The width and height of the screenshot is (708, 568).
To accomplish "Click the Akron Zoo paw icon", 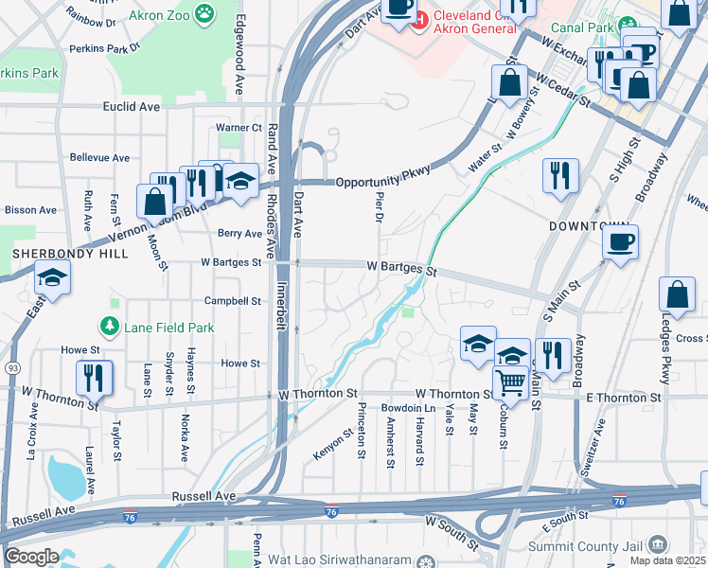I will click(204, 13).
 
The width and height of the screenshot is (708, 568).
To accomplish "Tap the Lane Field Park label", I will click(167, 328).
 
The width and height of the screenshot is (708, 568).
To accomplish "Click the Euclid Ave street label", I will click(136, 107).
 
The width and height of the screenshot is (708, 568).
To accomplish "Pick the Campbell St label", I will click(233, 301).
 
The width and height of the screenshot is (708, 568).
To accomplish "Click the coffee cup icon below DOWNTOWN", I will click(620, 241).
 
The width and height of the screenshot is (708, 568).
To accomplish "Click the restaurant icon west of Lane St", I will click(95, 377).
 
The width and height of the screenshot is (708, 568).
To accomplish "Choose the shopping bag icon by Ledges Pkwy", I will click(678, 294).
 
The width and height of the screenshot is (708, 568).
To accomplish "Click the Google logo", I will click(31, 557).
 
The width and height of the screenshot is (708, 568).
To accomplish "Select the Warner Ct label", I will click(239, 127).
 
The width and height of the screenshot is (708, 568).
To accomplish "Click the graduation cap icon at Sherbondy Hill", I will click(51, 277).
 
